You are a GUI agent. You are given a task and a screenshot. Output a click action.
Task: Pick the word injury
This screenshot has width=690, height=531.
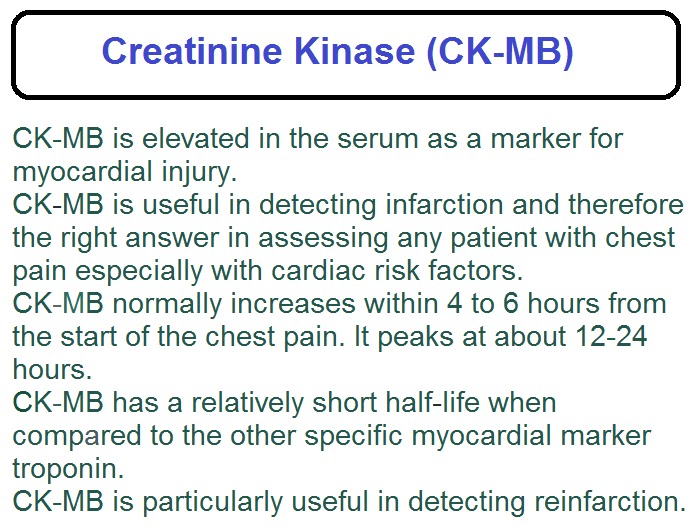tap(210, 172)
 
